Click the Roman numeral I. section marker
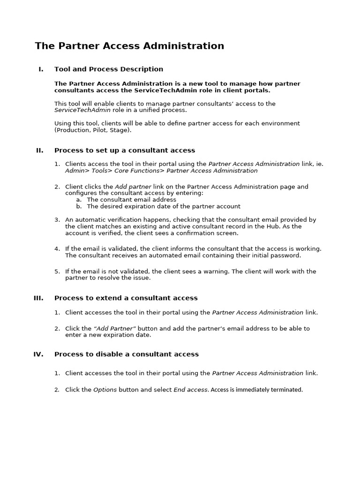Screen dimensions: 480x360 pyautogui.click(x=41, y=69)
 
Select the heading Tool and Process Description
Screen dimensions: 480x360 pyautogui.click(x=109, y=69)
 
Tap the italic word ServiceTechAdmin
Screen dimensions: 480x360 pyautogui.click(x=82, y=110)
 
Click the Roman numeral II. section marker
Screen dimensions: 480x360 pyautogui.click(x=40, y=150)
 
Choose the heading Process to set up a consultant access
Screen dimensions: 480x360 pyautogui.click(x=125, y=150)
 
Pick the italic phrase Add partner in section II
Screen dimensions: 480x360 pyautogui.click(x=133, y=187)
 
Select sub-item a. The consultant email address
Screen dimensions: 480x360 pyautogui.click(x=131, y=200)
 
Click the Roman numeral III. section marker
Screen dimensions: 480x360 pyautogui.click(x=38, y=298)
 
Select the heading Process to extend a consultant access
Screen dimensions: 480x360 pyautogui.click(x=126, y=298)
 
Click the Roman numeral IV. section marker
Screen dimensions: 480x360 pyautogui.click(x=38, y=354)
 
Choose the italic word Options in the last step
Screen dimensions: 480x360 pyautogui.click(x=105, y=390)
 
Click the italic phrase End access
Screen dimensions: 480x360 pyautogui.click(x=190, y=390)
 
